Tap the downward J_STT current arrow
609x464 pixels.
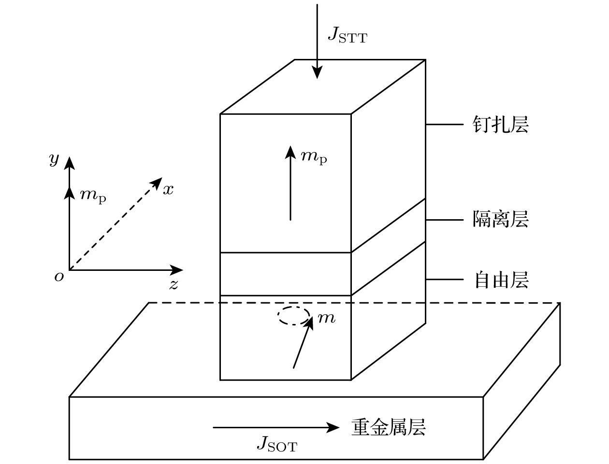point(317,43)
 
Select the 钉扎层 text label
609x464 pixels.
point(500,124)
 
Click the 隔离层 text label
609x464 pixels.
point(500,219)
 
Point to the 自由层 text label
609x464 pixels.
point(500,280)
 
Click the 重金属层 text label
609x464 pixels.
point(388,427)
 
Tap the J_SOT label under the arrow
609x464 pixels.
point(276,443)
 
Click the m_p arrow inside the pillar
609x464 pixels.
point(290,183)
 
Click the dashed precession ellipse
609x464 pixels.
point(293,316)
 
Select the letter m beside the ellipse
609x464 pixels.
point(326,318)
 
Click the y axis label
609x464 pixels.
point(54,159)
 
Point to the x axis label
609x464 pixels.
point(168,190)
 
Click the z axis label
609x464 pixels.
point(174,284)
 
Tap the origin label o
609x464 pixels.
point(59,277)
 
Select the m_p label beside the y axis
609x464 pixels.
point(93,196)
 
